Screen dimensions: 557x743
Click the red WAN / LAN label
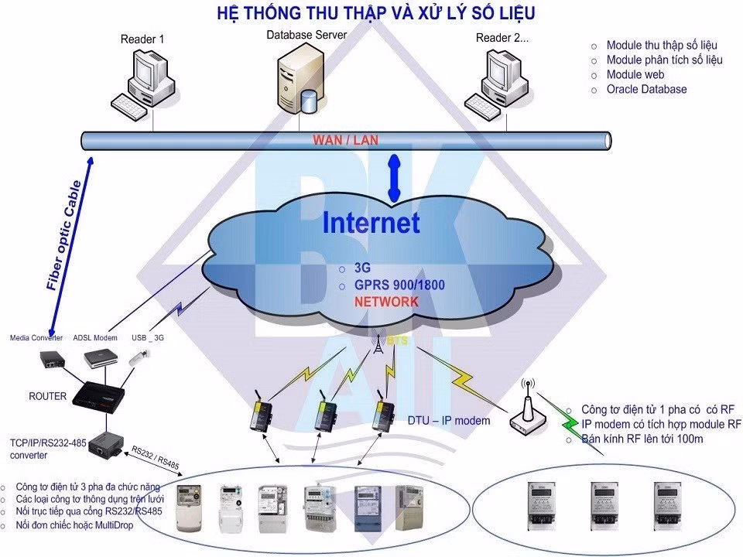click(x=345, y=140)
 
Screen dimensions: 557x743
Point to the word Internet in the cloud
click(x=371, y=223)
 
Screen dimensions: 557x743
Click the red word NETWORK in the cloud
click(x=386, y=302)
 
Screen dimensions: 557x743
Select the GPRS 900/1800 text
click(x=399, y=285)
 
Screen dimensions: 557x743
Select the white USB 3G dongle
click(x=139, y=357)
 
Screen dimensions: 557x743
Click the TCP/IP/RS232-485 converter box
click(x=103, y=444)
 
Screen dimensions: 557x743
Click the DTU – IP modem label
click(x=449, y=421)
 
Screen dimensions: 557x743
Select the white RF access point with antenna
click(x=529, y=412)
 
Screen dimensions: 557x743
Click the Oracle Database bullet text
click(x=646, y=89)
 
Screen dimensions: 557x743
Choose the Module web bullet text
click(x=635, y=74)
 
